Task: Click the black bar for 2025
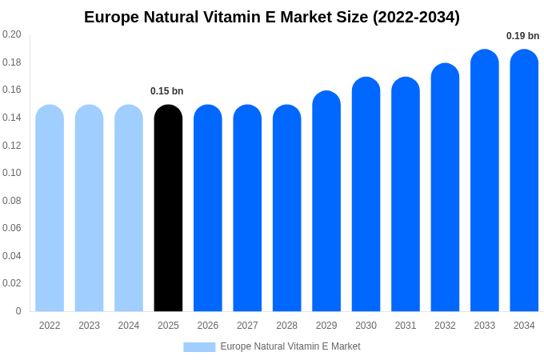(168, 208)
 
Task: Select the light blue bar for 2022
(50, 208)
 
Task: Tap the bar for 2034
(524, 181)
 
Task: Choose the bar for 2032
(445, 187)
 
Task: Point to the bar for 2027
(247, 208)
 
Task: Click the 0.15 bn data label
(167, 91)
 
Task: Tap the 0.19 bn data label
(522, 36)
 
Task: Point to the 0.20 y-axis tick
(12, 34)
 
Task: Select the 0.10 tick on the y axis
(12, 173)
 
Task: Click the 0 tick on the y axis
(18, 311)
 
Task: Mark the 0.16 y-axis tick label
(12, 90)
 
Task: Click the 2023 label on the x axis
(89, 326)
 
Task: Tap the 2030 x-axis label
(366, 326)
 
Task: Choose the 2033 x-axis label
(484, 326)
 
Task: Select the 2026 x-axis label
(208, 326)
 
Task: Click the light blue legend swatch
(199, 347)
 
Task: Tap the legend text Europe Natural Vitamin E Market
(290, 346)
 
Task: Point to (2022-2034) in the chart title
(416, 17)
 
